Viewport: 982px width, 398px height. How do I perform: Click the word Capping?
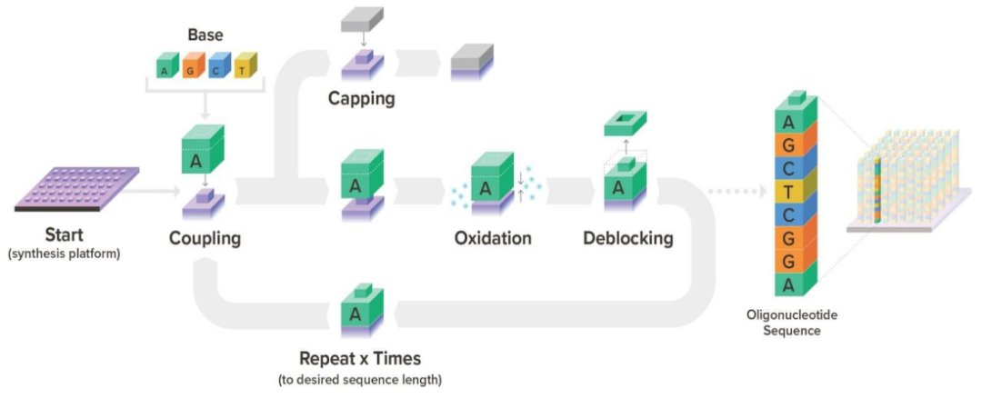[361, 98]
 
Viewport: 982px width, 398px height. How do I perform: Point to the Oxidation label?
[493, 239]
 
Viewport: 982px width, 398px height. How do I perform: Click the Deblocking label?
[627, 239]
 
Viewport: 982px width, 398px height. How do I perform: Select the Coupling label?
[205, 239]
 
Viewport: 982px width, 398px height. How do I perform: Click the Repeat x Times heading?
[360, 358]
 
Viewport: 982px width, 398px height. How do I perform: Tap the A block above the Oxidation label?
[492, 185]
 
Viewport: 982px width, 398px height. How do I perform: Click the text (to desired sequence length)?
[360, 379]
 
